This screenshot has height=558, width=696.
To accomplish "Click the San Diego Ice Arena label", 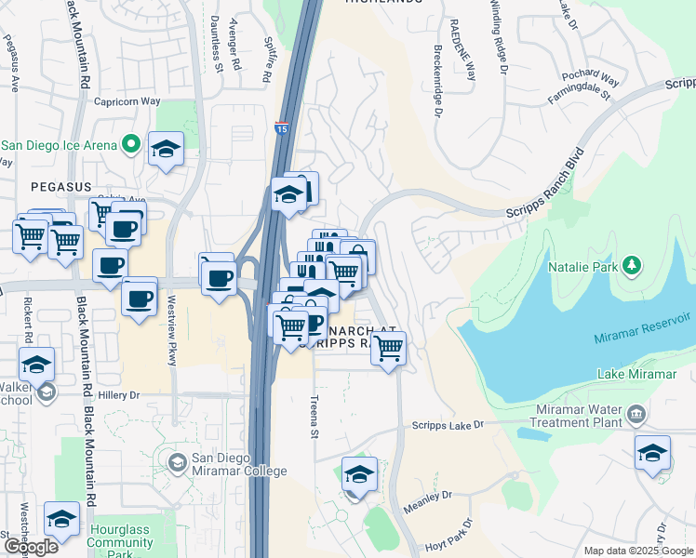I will click(59, 145).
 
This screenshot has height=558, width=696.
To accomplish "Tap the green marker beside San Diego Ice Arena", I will click(130, 145).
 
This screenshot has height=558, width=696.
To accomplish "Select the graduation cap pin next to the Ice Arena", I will click(166, 150).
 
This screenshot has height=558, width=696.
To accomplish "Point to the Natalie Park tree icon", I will click(632, 267).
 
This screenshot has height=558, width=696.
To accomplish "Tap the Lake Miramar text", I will click(636, 374).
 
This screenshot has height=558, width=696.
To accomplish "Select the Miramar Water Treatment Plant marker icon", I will click(636, 413).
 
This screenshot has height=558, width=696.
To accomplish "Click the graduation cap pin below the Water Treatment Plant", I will click(652, 454).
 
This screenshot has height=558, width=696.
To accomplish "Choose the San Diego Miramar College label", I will click(238, 465).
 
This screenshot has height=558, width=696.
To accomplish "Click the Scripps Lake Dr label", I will click(448, 425).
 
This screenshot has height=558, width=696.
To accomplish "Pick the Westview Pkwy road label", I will click(171, 330).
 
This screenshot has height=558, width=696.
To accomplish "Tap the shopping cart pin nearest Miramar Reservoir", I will click(388, 349).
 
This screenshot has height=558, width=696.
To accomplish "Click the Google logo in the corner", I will click(30, 547).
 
